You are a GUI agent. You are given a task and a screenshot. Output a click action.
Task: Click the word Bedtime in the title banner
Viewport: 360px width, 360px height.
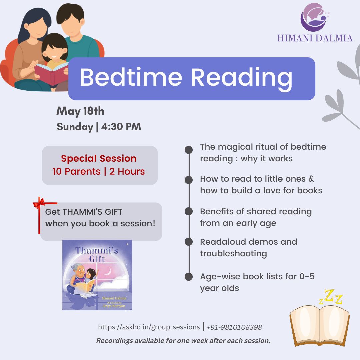coord(131,77)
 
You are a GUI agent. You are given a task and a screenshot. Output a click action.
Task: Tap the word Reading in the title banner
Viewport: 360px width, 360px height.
coord(242,79)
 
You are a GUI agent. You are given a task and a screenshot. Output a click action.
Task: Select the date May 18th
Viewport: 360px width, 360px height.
coord(80,111)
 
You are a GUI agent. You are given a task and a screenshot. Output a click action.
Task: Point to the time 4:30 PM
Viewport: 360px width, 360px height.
coord(121,127)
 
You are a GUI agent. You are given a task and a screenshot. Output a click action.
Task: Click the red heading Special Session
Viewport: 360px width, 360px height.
coord(99,158)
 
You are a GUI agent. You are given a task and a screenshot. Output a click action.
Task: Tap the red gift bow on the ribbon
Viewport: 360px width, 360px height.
coord(39,203)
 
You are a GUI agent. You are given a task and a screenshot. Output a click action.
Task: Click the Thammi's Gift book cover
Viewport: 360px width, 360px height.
coord(97,275)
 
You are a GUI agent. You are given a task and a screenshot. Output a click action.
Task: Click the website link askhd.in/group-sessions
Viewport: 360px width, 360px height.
coord(149,327)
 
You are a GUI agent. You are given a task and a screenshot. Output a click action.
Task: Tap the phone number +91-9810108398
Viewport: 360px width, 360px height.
coord(234,327)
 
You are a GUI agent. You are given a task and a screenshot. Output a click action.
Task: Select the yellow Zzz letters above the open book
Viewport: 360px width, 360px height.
coord(331,297)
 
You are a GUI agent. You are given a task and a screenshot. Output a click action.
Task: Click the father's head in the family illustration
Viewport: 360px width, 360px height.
coord(70,20)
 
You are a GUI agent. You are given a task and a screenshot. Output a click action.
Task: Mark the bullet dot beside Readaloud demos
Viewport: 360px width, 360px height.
coord(189,242)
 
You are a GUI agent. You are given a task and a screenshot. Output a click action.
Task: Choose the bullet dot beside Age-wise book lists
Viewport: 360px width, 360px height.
coord(189,277)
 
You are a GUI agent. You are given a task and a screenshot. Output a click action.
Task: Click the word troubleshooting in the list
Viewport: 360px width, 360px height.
coord(233,254)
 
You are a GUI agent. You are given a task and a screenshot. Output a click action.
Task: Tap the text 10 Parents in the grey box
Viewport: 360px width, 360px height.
coord(76,172)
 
